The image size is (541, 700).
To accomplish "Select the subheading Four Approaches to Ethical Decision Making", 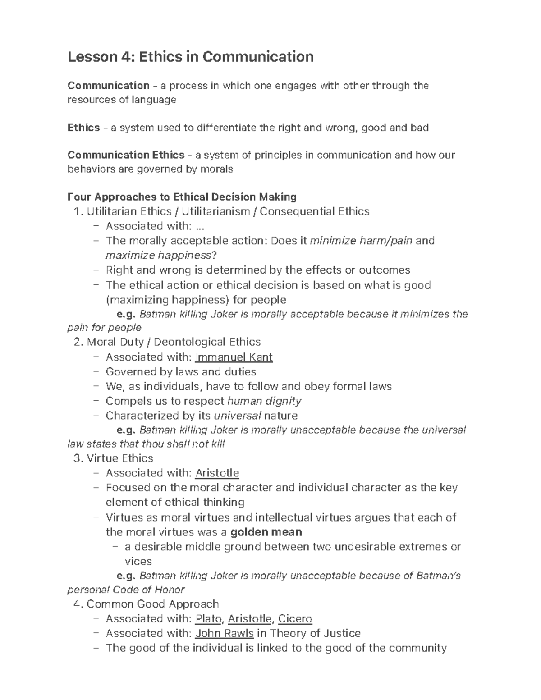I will click(x=182, y=197).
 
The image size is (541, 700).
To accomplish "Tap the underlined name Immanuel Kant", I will click(x=234, y=357).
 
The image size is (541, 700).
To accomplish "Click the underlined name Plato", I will click(x=208, y=619).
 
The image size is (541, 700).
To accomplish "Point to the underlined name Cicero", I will click(x=295, y=619).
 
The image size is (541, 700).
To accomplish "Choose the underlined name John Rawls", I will click(x=224, y=633).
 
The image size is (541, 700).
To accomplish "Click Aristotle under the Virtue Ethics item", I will click(x=217, y=473).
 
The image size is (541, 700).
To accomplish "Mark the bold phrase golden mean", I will click(x=266, y=532).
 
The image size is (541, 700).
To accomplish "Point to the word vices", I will click(x=138, y=562).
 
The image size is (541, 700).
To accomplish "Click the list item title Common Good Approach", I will click(x=152, y=604).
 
